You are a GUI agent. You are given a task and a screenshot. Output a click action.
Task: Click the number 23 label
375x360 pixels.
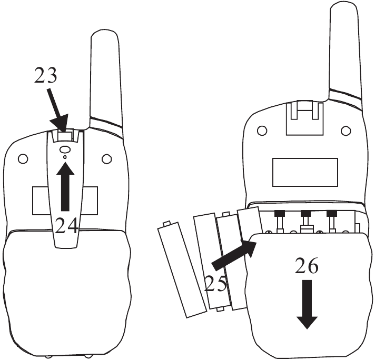(x=46, y=75)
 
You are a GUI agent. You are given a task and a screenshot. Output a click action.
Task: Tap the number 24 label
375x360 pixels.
(x=66, y=226)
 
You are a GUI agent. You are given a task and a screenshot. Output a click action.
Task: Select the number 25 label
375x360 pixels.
(x=215, y=283)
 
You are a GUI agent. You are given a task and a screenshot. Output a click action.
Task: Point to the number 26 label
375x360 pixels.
(x=307, y=266)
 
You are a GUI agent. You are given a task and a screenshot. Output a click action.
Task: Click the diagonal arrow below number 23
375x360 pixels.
(x=57, y=111)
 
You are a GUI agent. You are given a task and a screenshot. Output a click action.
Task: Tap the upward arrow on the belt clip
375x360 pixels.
(x=65, y=186)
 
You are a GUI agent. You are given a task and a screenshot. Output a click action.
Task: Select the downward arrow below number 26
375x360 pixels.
(x=307, y=304)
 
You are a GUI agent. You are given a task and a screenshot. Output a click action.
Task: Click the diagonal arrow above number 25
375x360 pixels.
(x=234, y=255)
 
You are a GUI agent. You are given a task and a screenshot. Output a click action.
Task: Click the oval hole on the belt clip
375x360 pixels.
(x=65, y=149)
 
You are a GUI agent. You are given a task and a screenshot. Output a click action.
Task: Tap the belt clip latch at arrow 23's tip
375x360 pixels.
(x=65, y=137)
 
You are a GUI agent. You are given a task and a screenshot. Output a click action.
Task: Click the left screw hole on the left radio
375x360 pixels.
(x=23, y=159)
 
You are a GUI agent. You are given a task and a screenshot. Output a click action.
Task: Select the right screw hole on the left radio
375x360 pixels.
(x=106, y=159)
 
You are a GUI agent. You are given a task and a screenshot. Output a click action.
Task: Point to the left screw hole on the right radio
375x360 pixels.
(x=262, y=131)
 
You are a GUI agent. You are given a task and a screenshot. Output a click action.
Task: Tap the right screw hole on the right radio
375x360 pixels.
(x=346, y=131)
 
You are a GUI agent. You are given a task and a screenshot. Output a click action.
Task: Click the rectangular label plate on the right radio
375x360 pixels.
(x=305, y=172)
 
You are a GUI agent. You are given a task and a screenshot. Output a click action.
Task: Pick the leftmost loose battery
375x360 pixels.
(x=182, y=269)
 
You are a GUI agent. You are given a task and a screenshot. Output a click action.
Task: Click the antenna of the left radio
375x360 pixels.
(x=105, y=79)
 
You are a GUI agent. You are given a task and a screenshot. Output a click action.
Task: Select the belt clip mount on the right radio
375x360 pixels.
(x=305, y=117)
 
